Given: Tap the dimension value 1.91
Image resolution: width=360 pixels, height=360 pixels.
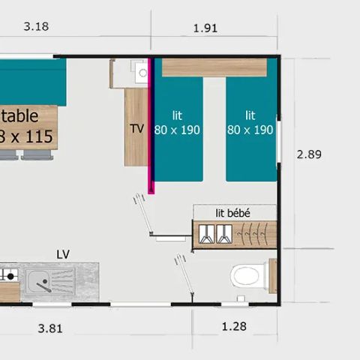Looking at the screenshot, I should (x=205, y=28).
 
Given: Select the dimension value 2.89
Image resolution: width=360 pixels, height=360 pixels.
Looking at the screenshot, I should (x=309, y=154).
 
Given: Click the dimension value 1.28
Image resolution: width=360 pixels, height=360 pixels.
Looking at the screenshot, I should (x=235, y=327).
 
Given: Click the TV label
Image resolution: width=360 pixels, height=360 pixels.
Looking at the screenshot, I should (x=136, y=128).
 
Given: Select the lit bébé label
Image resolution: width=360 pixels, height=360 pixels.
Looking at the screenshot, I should (x=232, y=213).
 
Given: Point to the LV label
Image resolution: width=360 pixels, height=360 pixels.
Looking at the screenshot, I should (x=63, y=254).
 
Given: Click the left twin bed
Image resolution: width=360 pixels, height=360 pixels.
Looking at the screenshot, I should (x=178, y=129).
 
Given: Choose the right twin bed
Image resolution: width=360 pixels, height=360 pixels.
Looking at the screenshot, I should (x=251, y=129).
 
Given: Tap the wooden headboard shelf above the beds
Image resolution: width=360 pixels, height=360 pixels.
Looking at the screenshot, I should (x=214, y=67).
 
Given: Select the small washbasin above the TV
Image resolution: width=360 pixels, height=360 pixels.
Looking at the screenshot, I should (x=141, y=73).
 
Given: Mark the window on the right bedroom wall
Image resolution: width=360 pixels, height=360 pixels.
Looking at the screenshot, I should (x=278, y=139).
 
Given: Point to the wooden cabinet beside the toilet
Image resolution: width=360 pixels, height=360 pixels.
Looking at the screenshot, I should (x=272, y=275).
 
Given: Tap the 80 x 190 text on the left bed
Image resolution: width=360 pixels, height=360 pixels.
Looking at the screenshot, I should (x=178, y=129).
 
